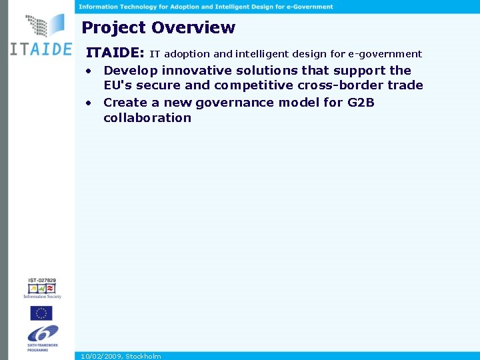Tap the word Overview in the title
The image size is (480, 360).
(193, 28)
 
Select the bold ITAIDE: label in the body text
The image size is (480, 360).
(115, 53)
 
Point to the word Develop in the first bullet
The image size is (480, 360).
(131, 71)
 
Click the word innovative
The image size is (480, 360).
(197, 71)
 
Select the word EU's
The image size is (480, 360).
(118, 85)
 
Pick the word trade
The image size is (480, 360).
(405, 85)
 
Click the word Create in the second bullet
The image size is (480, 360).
(125, 103)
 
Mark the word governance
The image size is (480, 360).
(235, 103)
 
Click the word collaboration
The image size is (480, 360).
(147, 118)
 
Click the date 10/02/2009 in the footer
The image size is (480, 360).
(101, 356)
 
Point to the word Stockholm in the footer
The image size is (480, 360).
(143, 356)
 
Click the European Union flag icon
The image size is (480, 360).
(41, 313)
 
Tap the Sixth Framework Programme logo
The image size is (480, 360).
(42, 337)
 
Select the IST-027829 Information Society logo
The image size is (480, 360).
(42, 288)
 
